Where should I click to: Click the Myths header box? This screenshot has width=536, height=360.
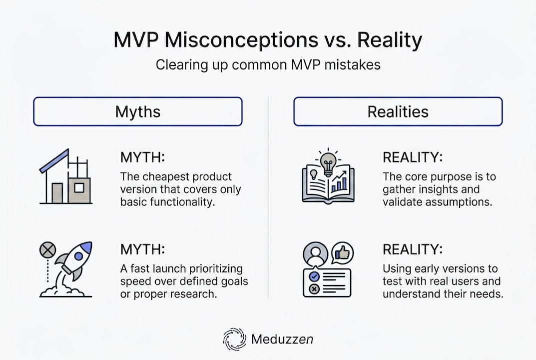point(137,111)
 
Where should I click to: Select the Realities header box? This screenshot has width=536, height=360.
point(398,111)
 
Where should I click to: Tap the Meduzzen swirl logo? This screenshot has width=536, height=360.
point(234,339)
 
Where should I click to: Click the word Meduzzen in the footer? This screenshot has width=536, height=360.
point(283,339)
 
